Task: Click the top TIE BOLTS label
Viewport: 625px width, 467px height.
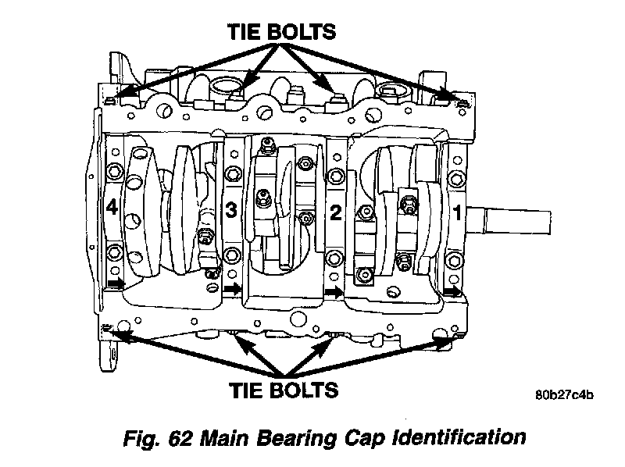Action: [282, 32]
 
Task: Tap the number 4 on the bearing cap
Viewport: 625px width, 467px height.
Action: [112, 209]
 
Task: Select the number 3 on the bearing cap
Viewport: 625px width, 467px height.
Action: [230, 209]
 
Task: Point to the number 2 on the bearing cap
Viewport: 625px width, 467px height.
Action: [335, 212]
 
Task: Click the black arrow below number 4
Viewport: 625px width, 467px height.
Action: [116, 283]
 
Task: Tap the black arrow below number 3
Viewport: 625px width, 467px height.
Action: [233, 290]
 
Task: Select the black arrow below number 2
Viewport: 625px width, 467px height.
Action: [334, 292]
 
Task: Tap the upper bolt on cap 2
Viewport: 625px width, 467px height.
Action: [335, 175]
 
